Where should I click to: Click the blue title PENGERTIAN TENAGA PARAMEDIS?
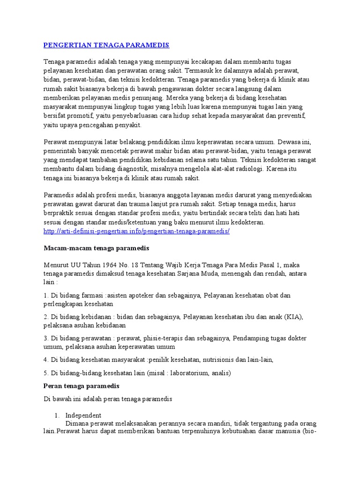click(x=106, y=45)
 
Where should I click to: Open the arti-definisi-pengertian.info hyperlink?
click(x=136, y=231)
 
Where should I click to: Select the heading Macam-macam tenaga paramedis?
click(x=96, y=248)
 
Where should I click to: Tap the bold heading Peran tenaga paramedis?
click(x=82, y=386)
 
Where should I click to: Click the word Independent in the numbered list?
click(x=83, y=415)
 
